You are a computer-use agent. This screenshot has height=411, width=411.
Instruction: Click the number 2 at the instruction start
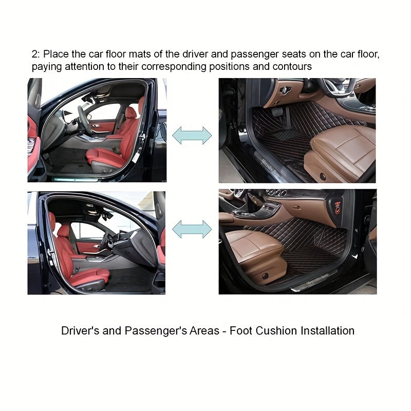coord(34,54)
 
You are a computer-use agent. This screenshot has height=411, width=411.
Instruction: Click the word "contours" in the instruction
coord(293,67)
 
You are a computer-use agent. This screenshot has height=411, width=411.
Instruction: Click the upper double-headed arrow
coord(192,135)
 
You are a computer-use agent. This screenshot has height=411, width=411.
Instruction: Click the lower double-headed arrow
coord(192,229)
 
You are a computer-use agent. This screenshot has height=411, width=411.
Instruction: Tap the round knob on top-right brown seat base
coord(323,176)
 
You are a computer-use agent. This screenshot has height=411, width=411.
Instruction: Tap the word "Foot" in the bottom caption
coord(240,331)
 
